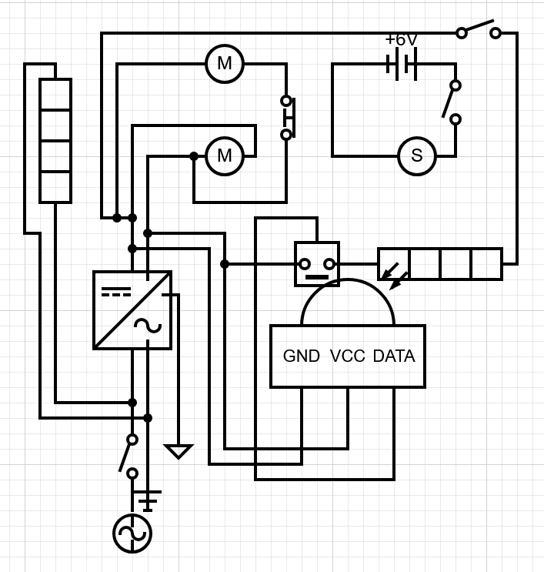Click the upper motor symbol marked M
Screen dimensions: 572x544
click(225, 64)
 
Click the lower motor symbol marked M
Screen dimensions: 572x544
click(225, 156)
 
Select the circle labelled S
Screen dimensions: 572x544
click(417, 156)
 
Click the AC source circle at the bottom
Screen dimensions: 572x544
click(132, 533)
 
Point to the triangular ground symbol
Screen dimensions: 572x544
click(179, 451)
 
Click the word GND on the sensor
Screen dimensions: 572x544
click(301, 356)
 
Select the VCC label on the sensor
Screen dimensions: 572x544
click(348, 356)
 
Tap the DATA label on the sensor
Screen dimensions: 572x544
click(394, 356)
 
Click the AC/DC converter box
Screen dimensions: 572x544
click(132, 310)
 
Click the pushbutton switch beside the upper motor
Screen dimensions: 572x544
click(288, 118)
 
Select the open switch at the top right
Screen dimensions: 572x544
click(479, 31)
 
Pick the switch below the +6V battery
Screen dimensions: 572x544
click(452, 102)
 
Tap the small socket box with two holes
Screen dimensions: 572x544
click(317, 264)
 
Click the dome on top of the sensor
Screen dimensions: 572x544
click(348, 304)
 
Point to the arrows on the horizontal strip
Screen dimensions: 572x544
click(395, 275)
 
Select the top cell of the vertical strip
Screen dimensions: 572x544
click(55, 95)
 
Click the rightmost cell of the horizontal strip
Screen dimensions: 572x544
click(486, 264)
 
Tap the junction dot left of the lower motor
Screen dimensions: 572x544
click(194, 156)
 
